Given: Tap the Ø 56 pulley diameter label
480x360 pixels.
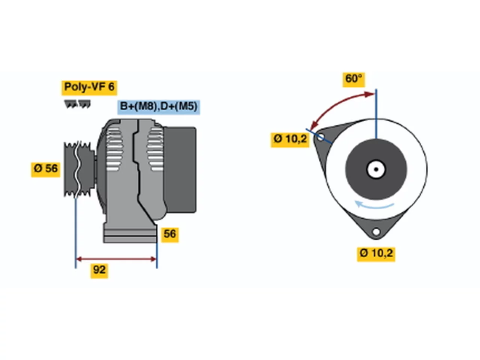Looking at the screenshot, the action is pos(45,169).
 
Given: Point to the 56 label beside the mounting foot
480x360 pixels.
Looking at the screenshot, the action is pos(170,235).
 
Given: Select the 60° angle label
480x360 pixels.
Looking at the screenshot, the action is pos(354,79).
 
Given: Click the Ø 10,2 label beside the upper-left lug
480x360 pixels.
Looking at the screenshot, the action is pos(290,140).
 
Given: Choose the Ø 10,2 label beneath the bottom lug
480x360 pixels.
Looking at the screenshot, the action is pos(376,254).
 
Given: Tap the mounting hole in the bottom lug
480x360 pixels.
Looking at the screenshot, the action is pos(376,232).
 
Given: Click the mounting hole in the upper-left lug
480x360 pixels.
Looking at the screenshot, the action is pos(321,137).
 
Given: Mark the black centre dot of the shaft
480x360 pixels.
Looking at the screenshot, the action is pos(376,169).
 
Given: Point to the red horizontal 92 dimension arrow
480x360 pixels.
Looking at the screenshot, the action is pos(116,259).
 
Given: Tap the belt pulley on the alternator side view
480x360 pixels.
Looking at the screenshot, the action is pos(79,169).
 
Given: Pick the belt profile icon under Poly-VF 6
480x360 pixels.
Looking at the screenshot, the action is pos(77,104).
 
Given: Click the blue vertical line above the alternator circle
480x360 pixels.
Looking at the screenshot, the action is pos(376,114).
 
